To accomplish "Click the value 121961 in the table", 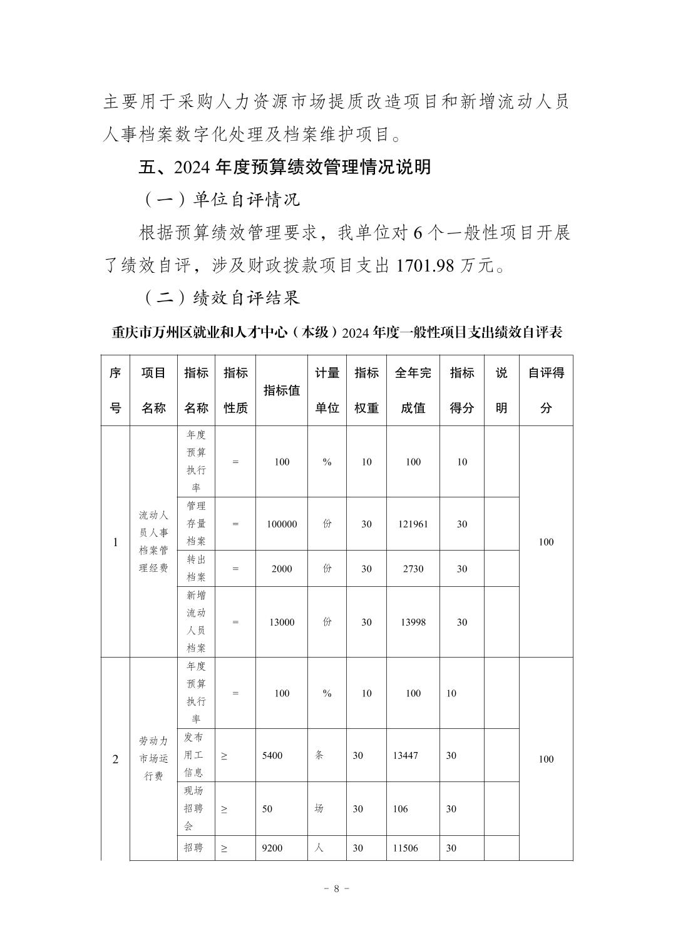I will click(413, 524).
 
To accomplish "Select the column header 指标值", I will click(281, 390).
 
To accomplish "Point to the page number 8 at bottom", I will click(336, 888).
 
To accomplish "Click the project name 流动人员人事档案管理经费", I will click(153, 542).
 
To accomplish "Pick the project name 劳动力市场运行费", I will click(153, 759).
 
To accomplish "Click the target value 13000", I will click(281, 622).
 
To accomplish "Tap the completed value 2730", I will click(413, 569).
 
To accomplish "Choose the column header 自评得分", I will click(546, 390).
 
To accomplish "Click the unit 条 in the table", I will click(319, 755).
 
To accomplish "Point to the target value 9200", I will click(272, 848).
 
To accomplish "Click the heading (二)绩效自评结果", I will click(222, 298).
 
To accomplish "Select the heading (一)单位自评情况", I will click(222, 200).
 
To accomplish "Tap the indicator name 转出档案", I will click(196, 569).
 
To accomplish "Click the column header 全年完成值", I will click(413, 390).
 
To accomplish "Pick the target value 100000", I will click(281, 524).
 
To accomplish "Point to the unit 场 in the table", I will click(319, 809).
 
